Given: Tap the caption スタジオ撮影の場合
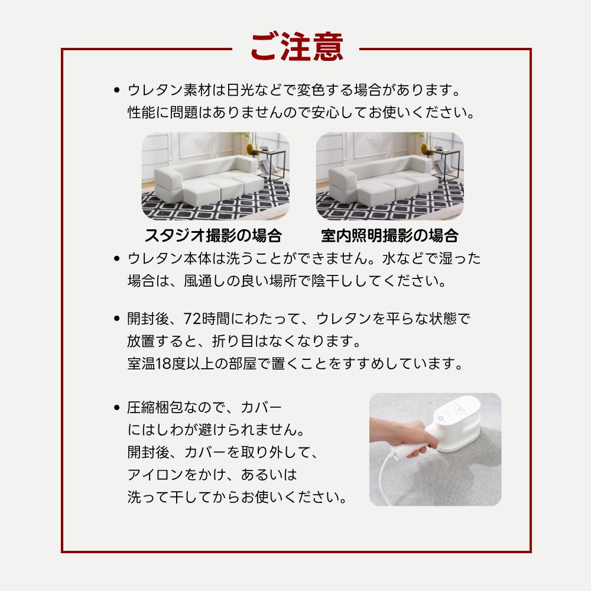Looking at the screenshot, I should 213,236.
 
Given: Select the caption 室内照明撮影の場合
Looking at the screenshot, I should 389,236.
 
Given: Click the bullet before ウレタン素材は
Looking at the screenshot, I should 117,91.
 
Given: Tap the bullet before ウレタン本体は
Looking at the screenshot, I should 117,258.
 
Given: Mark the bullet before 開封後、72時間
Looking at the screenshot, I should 117,319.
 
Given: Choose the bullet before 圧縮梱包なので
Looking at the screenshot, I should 117,408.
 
